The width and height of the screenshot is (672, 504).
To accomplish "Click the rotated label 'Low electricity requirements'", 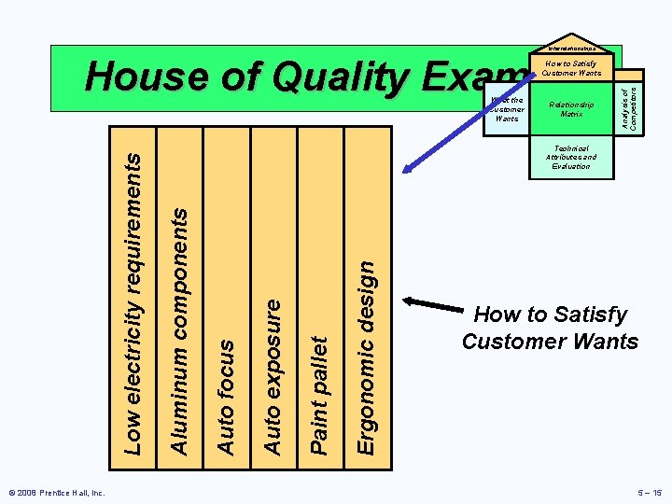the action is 134,304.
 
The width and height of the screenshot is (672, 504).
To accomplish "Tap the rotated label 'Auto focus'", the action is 226,397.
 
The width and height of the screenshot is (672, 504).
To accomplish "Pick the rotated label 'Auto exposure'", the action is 273,376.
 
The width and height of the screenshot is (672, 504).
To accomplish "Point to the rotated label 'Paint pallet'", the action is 319,396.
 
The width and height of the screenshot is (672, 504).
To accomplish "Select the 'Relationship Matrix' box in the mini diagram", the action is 571,109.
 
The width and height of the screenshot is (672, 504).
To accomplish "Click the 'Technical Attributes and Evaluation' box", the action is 571,157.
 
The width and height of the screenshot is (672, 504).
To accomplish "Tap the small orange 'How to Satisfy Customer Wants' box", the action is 571,69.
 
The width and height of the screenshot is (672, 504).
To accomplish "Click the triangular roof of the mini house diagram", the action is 571,49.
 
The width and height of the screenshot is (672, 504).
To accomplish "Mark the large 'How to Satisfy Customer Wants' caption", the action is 550,328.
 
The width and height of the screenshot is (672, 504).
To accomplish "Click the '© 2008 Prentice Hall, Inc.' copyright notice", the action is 58,492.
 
